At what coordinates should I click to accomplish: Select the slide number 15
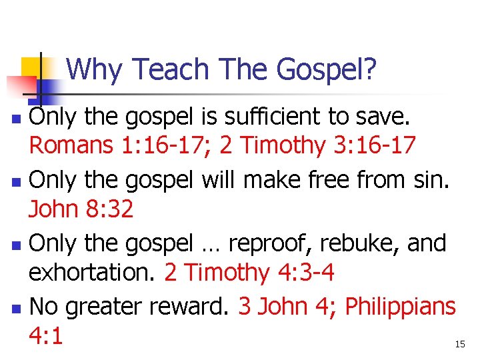[459, 344]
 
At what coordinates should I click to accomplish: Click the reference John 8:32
[81, 209]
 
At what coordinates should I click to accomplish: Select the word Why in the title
[94, 69]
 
